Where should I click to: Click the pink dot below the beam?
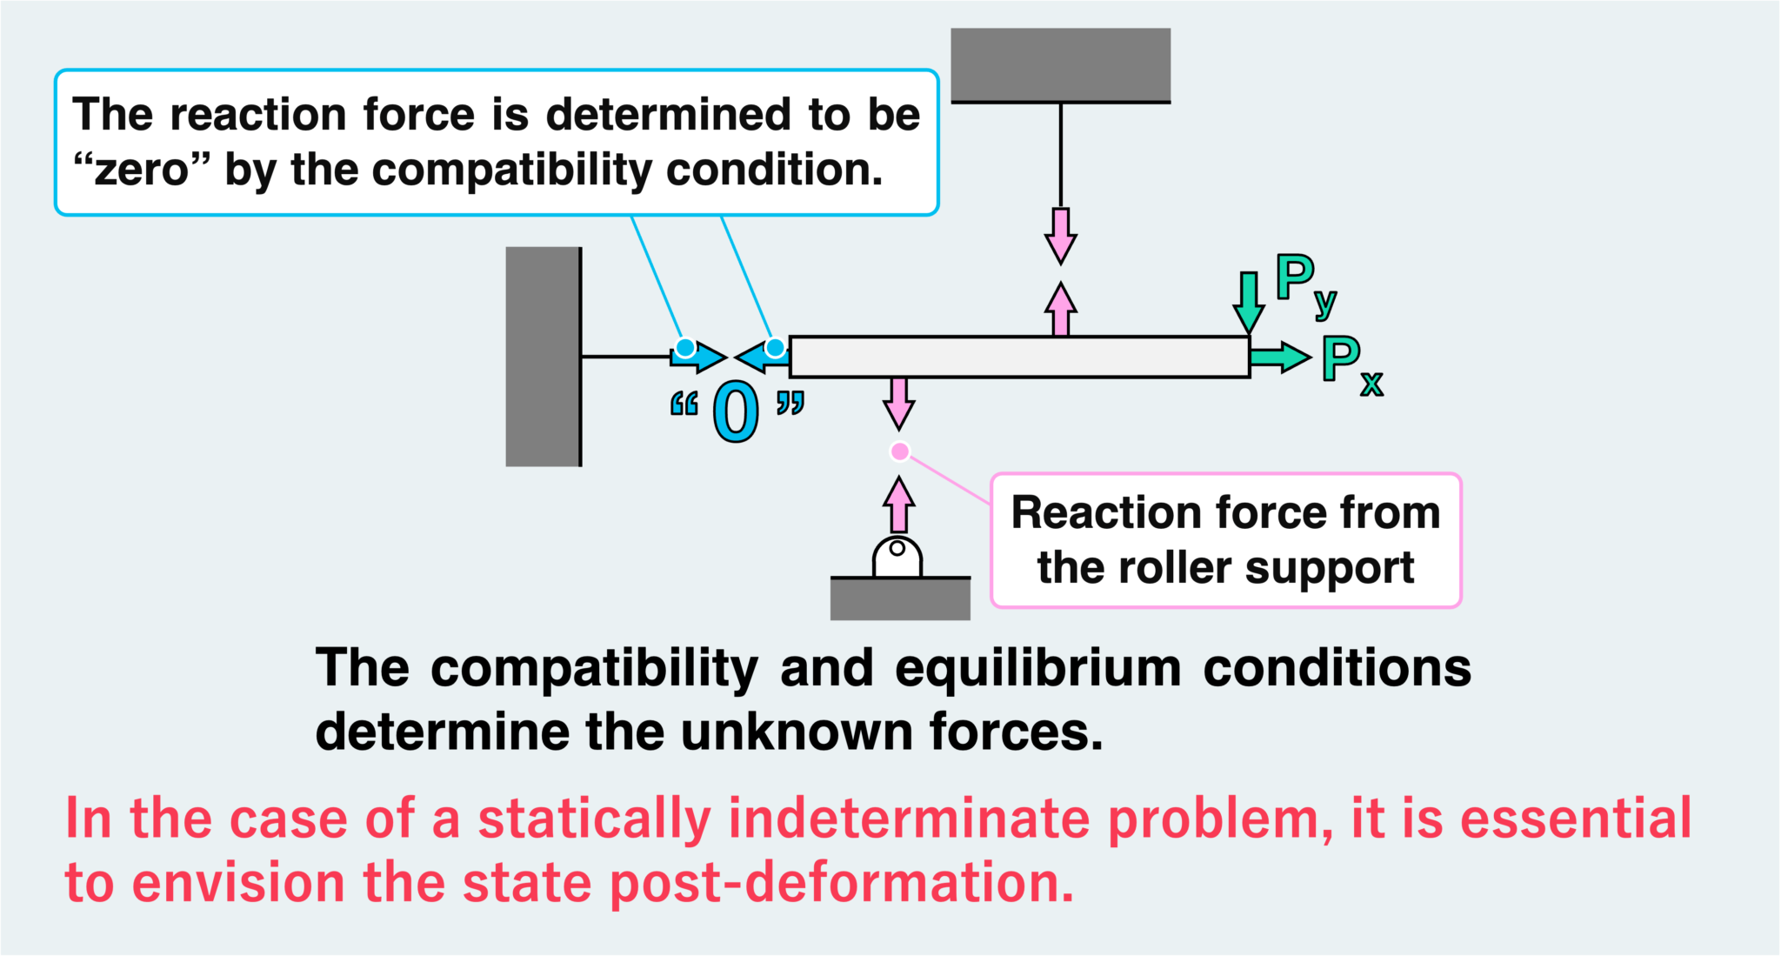900,451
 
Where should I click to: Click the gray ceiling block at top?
1060,64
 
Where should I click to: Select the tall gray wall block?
543,357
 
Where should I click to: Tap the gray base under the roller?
900,598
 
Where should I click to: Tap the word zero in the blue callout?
141,170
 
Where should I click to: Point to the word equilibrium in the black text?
1038,668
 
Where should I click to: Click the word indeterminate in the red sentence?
909,819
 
